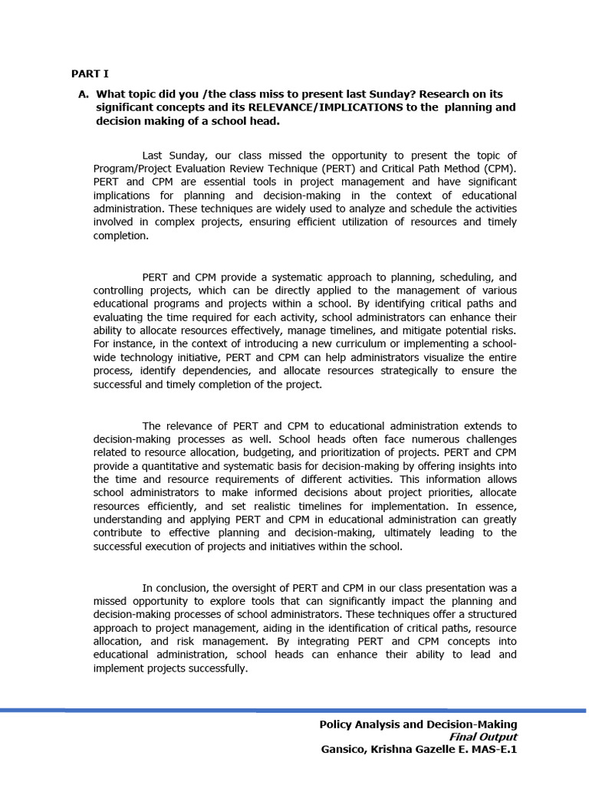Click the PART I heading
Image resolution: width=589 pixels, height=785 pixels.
90,74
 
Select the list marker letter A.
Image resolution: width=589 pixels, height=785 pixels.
83,94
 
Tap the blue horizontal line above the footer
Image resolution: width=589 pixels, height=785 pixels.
294,711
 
